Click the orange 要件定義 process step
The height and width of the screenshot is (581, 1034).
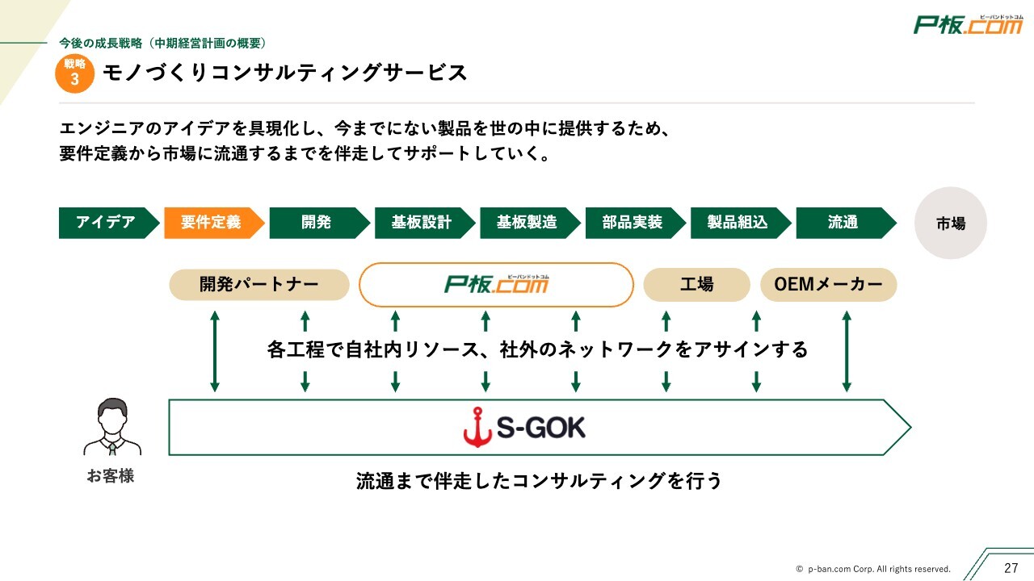[212, 223]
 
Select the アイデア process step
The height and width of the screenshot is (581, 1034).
[107, 223]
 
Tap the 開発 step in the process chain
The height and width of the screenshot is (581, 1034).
[317, 223]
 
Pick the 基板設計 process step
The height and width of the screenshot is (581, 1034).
[422, 223]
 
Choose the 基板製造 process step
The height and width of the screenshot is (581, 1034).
[528, 223]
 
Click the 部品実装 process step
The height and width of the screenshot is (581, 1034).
[633, 223]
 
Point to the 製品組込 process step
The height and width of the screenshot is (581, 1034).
[738, 223]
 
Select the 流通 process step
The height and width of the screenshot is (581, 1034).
[843, 223]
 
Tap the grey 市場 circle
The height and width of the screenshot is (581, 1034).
[951, 224]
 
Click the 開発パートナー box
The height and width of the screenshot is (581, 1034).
[259, 285]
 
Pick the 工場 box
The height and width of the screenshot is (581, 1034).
[696, 285]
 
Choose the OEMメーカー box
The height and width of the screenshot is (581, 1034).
[829, 285]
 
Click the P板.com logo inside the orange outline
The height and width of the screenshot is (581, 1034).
[496, 285]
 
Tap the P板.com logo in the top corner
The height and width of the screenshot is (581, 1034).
[968, 25]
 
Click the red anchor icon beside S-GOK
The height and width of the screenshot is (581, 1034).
[477, 428]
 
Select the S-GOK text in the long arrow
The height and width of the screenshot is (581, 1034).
[541, 428]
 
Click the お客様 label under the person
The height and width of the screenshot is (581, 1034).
[111, 476]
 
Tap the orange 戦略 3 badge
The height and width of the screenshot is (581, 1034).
[75, 73]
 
